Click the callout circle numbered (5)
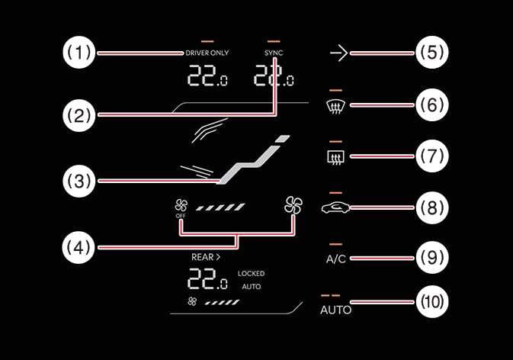(432, 53)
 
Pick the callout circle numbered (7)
(432, 156)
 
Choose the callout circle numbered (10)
(432, 301)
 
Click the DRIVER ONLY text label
(207, 53)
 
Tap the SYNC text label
(273, 53)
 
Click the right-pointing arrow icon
(338, 53)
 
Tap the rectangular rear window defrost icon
(335, 158)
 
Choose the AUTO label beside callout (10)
(335, 310)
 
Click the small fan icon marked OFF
(181, 206)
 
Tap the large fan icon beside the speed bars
(293, 204)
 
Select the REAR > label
(206, 257)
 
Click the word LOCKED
(251, 273)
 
